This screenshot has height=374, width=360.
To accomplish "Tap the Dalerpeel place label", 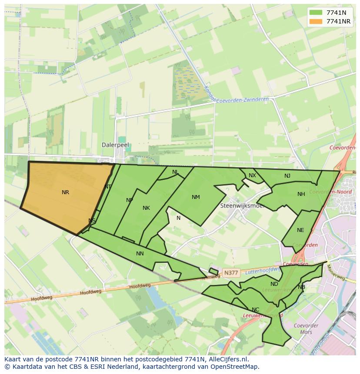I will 115,145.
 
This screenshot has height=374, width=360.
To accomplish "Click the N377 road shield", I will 230,273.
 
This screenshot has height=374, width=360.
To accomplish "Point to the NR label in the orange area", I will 65,192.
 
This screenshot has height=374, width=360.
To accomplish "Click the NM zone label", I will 196,197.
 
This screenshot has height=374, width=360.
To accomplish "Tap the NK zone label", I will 146,208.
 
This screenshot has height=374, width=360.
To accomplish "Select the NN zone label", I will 140,254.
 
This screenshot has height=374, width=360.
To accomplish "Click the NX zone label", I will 252,175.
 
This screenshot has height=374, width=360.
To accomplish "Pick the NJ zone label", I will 287,176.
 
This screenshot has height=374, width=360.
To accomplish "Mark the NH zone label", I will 301,194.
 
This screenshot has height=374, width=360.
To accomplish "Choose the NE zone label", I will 300,230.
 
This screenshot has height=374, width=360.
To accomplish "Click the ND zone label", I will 274,285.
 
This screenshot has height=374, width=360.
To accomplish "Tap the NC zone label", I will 255,310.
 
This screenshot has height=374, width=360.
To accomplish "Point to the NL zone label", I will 175,172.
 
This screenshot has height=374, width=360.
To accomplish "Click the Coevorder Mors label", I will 306,329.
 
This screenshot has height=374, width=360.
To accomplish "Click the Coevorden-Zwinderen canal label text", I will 242,99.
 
